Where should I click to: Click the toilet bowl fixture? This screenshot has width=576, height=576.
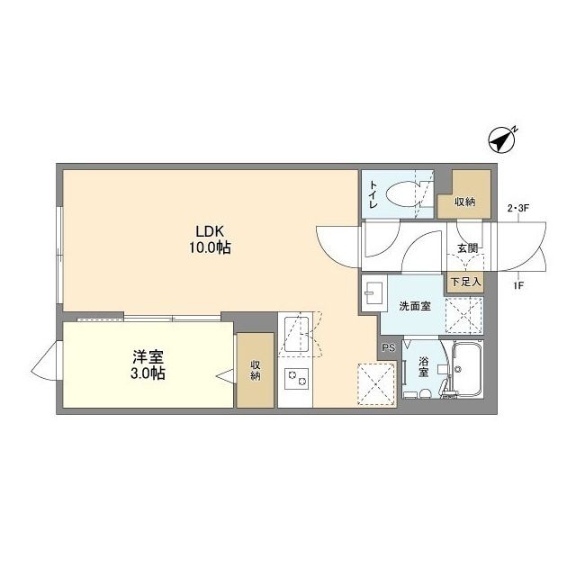pyautogui.click(x=404, y=193)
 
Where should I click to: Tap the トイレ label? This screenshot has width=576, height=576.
pyautogui.click(x=373, y=194)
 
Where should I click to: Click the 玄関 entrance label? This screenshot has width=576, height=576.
pyautogui.click(x=466, y=248)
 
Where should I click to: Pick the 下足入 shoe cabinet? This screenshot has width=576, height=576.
pyautogui.click(x=466, y=282)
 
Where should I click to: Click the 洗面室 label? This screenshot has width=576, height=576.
pyautogui.click(x=415, y=306)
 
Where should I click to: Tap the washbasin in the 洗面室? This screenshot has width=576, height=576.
pyautogui.click(x=373, y=292)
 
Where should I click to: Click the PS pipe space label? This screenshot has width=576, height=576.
pyautogui.click(x=388, y=347)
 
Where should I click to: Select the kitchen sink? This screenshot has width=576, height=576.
pyautogui.click(x=293, y=332)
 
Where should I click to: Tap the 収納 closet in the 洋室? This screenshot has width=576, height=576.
pyautogui.click(x=256, y=370)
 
